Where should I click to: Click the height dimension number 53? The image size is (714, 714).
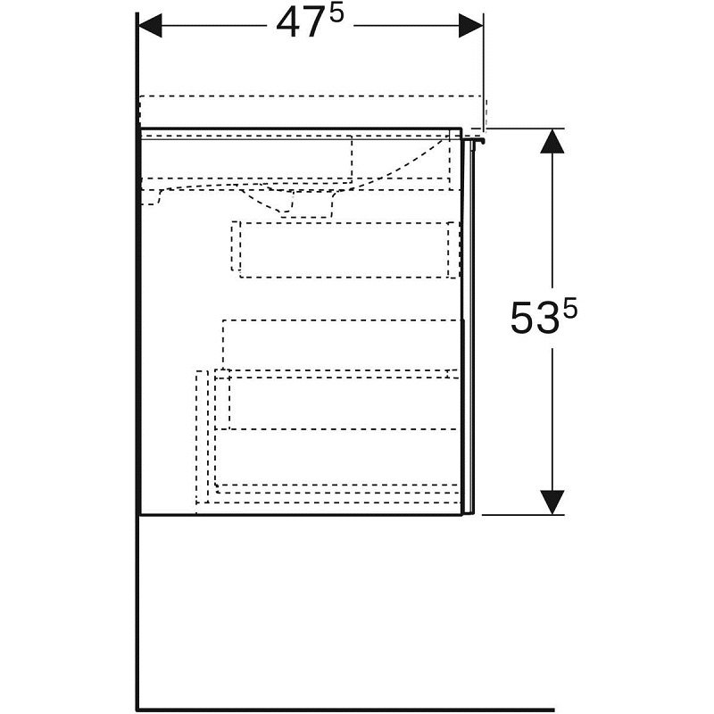[x=534, y=318]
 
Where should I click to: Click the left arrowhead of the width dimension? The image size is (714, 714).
[x=149, y=26]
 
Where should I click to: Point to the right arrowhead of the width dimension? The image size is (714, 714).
[x=470, y=26]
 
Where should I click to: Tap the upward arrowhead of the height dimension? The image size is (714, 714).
[x=552, y=141]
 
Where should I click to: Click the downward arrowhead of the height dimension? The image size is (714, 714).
[x=552, y=502]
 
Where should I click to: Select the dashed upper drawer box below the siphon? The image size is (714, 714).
[x=345, y=250]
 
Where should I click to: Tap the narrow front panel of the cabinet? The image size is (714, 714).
[x=468, y=327]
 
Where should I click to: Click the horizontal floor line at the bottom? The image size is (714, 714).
[x=345, y=710]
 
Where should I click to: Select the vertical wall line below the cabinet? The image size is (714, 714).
[x=137, y=611]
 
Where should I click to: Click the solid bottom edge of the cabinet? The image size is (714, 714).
[x=302, y=515]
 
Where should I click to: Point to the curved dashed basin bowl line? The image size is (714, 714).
[x=401, y=164]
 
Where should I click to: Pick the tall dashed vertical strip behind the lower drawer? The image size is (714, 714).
[x=203, y=436]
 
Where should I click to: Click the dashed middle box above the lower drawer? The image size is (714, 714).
[x=342, y=345]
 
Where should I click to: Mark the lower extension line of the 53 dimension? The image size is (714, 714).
[x=523, y=515]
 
